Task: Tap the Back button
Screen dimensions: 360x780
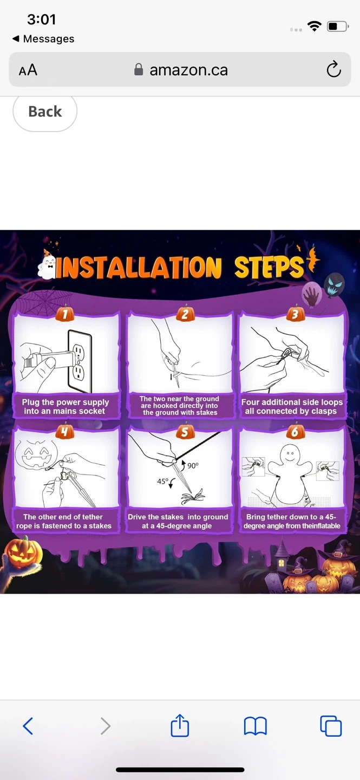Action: click(45, 112)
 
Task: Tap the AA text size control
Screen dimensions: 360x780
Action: click(28, 70)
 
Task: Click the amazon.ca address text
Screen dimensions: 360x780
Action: click(189, 70)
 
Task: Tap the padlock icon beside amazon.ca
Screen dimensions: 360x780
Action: click(139, 70)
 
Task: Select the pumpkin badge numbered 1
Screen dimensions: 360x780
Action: click(65, 314)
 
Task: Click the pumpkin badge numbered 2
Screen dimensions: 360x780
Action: click(185, 314)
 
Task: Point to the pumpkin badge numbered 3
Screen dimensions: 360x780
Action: click(295, 314)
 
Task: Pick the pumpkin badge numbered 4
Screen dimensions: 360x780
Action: click(65, 431)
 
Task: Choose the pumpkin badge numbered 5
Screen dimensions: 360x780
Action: click(185, 431)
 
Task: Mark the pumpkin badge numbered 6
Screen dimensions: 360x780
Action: click(295, 431)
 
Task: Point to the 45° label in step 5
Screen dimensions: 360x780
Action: click(162, 481)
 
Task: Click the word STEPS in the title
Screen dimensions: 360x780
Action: click(269, 268)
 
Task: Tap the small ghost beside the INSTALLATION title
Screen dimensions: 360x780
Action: click(48, 265)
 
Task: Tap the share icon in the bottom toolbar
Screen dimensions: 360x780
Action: click(180, 725)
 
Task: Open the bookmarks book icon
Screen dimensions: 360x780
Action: click(256, 726)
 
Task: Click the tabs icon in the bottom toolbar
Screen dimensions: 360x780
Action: click(331, 726)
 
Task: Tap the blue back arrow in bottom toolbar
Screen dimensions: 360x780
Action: click(28, 726)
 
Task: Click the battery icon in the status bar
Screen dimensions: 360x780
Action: click(338, 27)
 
